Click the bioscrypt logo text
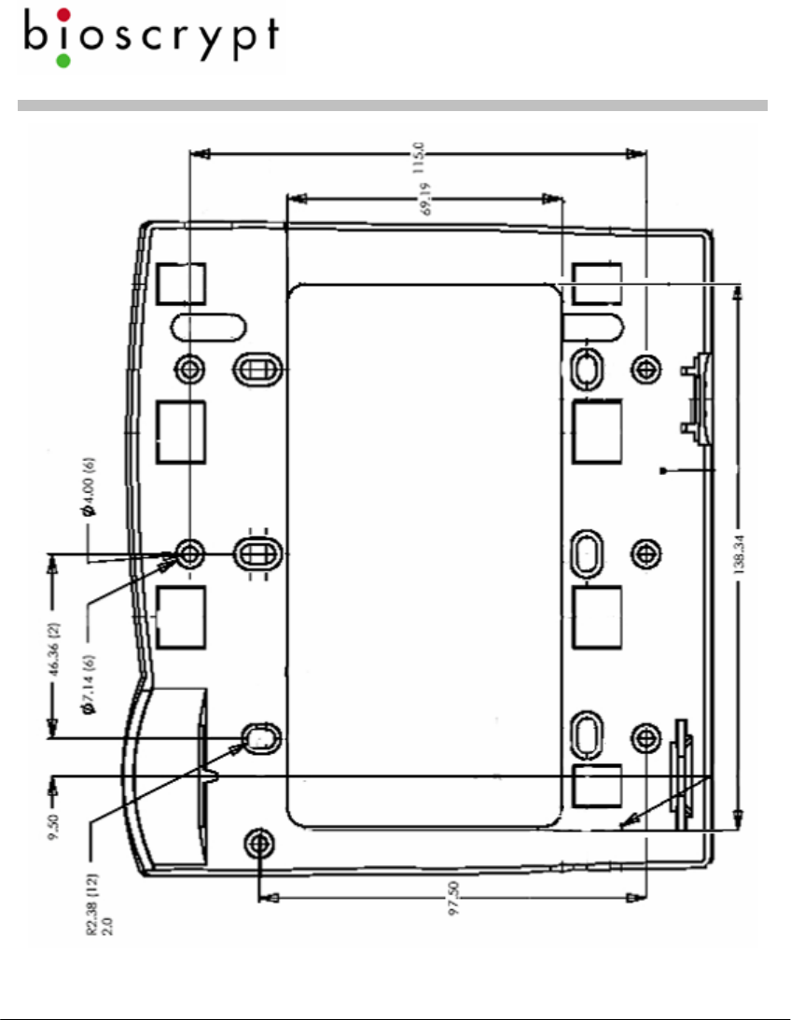click(149, 37)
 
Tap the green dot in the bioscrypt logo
click(63, 61)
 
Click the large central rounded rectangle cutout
click(423, 555)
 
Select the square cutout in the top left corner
click(180, 283)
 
